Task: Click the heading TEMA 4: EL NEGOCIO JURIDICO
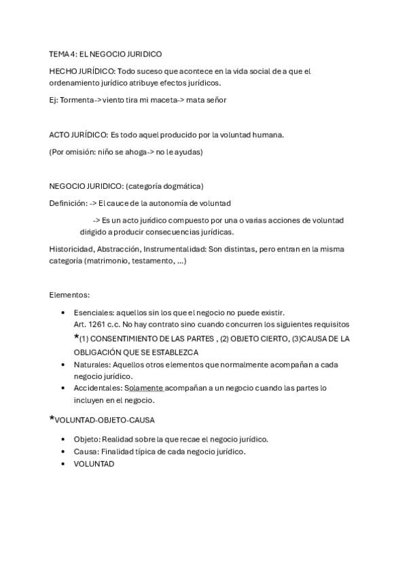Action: pyautogui.click(x=105, y=54)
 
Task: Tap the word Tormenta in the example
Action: pyautogui.click(x=77, y=100)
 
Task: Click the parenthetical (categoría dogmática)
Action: pyautogui.click(x=164, y=185)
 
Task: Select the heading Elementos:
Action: pyautogui.click(x=69, y=295)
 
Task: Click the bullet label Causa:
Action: pyautogui.click(x=86, y=451)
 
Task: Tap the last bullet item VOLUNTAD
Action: pyautogui.click(x=94, y=463)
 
